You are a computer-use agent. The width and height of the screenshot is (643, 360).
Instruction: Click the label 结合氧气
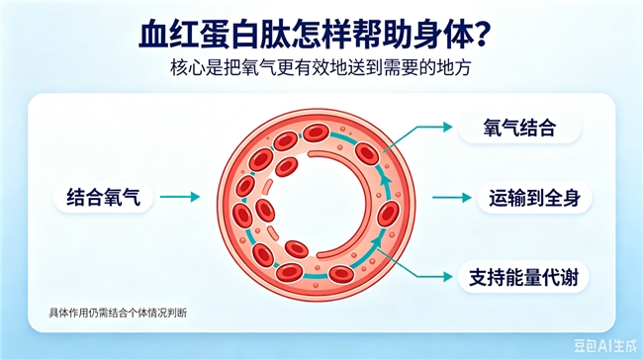tap(103, 197)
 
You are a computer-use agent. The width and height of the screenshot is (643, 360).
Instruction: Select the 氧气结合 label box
tap(519, 128)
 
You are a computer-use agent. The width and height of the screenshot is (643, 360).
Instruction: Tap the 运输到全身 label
tap(534, 198)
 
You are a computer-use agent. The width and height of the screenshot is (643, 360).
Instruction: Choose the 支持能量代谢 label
tap(523, 278)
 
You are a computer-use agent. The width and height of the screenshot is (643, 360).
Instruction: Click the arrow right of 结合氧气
tap(180, 197)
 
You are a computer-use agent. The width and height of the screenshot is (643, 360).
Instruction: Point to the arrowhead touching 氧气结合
tap(447, 128)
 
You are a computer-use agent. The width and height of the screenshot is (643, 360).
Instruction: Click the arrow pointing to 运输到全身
tap(452, 198)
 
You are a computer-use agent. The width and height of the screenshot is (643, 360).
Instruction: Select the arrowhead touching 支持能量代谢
tap(447, 277)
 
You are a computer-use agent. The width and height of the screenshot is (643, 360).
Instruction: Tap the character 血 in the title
tap(152, 36)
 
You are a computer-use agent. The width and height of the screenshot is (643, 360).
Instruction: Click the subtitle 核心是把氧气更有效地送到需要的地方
tap(321, 68)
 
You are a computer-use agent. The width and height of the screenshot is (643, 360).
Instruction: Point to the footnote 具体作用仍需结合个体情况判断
tap(118, 313)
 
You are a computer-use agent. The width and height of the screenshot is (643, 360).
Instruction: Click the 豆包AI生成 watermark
tap(604, 345)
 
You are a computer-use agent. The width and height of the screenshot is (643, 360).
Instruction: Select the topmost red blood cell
tap(316, 134)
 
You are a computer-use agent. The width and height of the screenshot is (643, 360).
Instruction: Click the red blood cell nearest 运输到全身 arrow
tap(388, 214)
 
